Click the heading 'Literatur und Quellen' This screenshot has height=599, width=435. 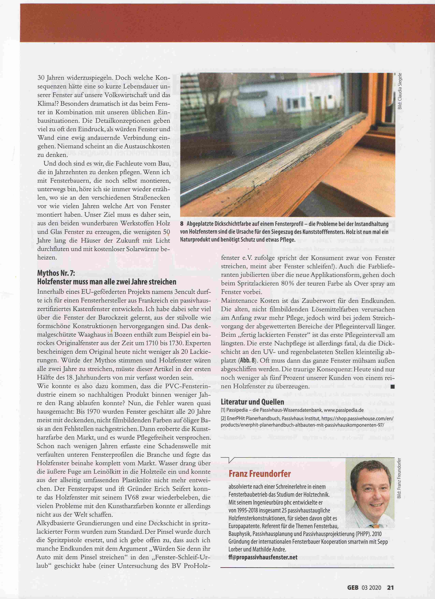click(252, 402)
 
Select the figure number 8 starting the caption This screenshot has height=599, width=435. click(182, 224)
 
